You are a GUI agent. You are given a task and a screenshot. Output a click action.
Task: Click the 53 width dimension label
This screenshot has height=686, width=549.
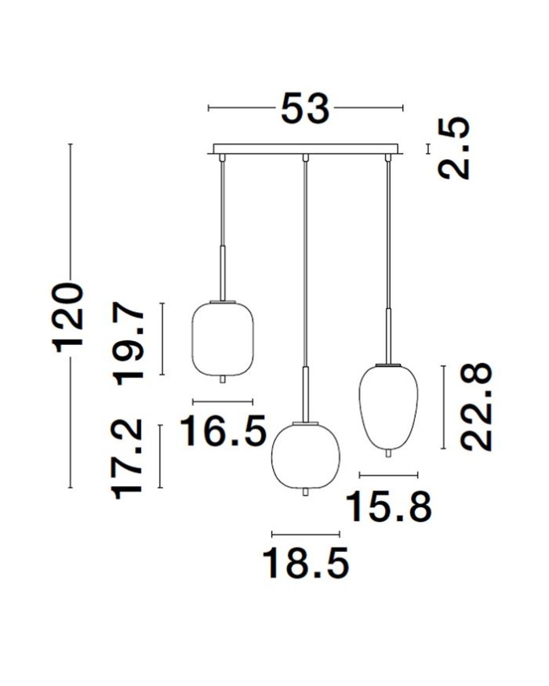(x=305, y=109)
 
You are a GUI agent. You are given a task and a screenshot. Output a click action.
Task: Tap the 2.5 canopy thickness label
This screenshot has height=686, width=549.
(x=455, y=148)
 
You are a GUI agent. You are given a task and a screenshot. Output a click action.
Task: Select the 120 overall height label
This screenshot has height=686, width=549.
(x=68, y=317)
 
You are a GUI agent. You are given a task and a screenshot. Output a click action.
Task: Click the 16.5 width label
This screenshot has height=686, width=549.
(x=224, y=431)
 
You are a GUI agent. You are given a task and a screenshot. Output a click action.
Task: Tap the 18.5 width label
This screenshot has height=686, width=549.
(x=305, y=563)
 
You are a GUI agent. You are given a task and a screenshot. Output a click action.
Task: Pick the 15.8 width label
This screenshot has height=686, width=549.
(x=389, y=506)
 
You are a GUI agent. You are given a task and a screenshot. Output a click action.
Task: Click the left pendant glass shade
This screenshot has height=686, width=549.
(x=224, y=337)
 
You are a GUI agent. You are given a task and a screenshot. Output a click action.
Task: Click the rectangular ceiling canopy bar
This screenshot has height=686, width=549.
(x=307, y=148)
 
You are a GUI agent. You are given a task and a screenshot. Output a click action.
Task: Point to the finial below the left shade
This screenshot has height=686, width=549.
(x=224, y=379)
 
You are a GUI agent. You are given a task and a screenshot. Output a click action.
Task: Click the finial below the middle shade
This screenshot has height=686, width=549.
(x=304, y=492)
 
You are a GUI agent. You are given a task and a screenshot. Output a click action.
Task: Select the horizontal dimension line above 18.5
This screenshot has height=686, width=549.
(x=305, y=534)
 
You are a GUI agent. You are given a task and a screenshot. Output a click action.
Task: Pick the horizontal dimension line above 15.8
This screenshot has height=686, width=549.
(x=388, y=474)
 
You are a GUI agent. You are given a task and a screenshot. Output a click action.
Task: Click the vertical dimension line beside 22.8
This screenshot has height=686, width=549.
(x=444, y=407)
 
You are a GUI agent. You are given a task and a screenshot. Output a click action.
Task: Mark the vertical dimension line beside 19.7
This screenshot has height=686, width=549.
(x=162, y=339)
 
